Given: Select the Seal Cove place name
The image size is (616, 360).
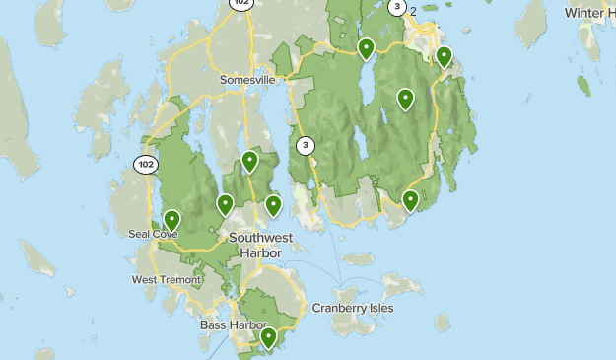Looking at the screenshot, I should pyautogui.click(x=153, y=234).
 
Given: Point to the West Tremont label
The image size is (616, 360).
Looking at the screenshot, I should pyautogui.click(x=167, y=280).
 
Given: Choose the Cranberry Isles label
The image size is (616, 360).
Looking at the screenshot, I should pyautogui.click(x=353, y=308).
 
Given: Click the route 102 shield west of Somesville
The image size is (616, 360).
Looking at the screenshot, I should pyautogui.click(x=146, y=164).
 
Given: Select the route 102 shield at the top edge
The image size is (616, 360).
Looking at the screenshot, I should pyautogui.click(x=240, y=3).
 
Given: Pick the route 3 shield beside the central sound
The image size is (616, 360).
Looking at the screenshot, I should pyautogui.click(x=307, y=146).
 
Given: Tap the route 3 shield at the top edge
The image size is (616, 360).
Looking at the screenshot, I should pyautogui.click(x=397, y=7).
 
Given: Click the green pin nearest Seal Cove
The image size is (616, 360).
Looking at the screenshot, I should pyautogui.click(x=172, y=219).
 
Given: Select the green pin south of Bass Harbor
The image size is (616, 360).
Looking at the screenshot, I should pyautogui.click(x=268, y=337).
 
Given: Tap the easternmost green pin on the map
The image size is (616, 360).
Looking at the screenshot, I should pyautogui.click(x=445, y=56).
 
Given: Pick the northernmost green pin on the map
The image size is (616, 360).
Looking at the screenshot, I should pyautogui.click(x=366, y=47).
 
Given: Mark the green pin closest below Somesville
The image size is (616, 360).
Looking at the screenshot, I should pyautogui.click(x=250, y=161).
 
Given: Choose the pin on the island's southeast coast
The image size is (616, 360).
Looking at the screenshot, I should pyautogui.click(x=411, y=200).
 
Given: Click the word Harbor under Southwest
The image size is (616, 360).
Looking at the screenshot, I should pyautogui.click(x=261, y=252).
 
